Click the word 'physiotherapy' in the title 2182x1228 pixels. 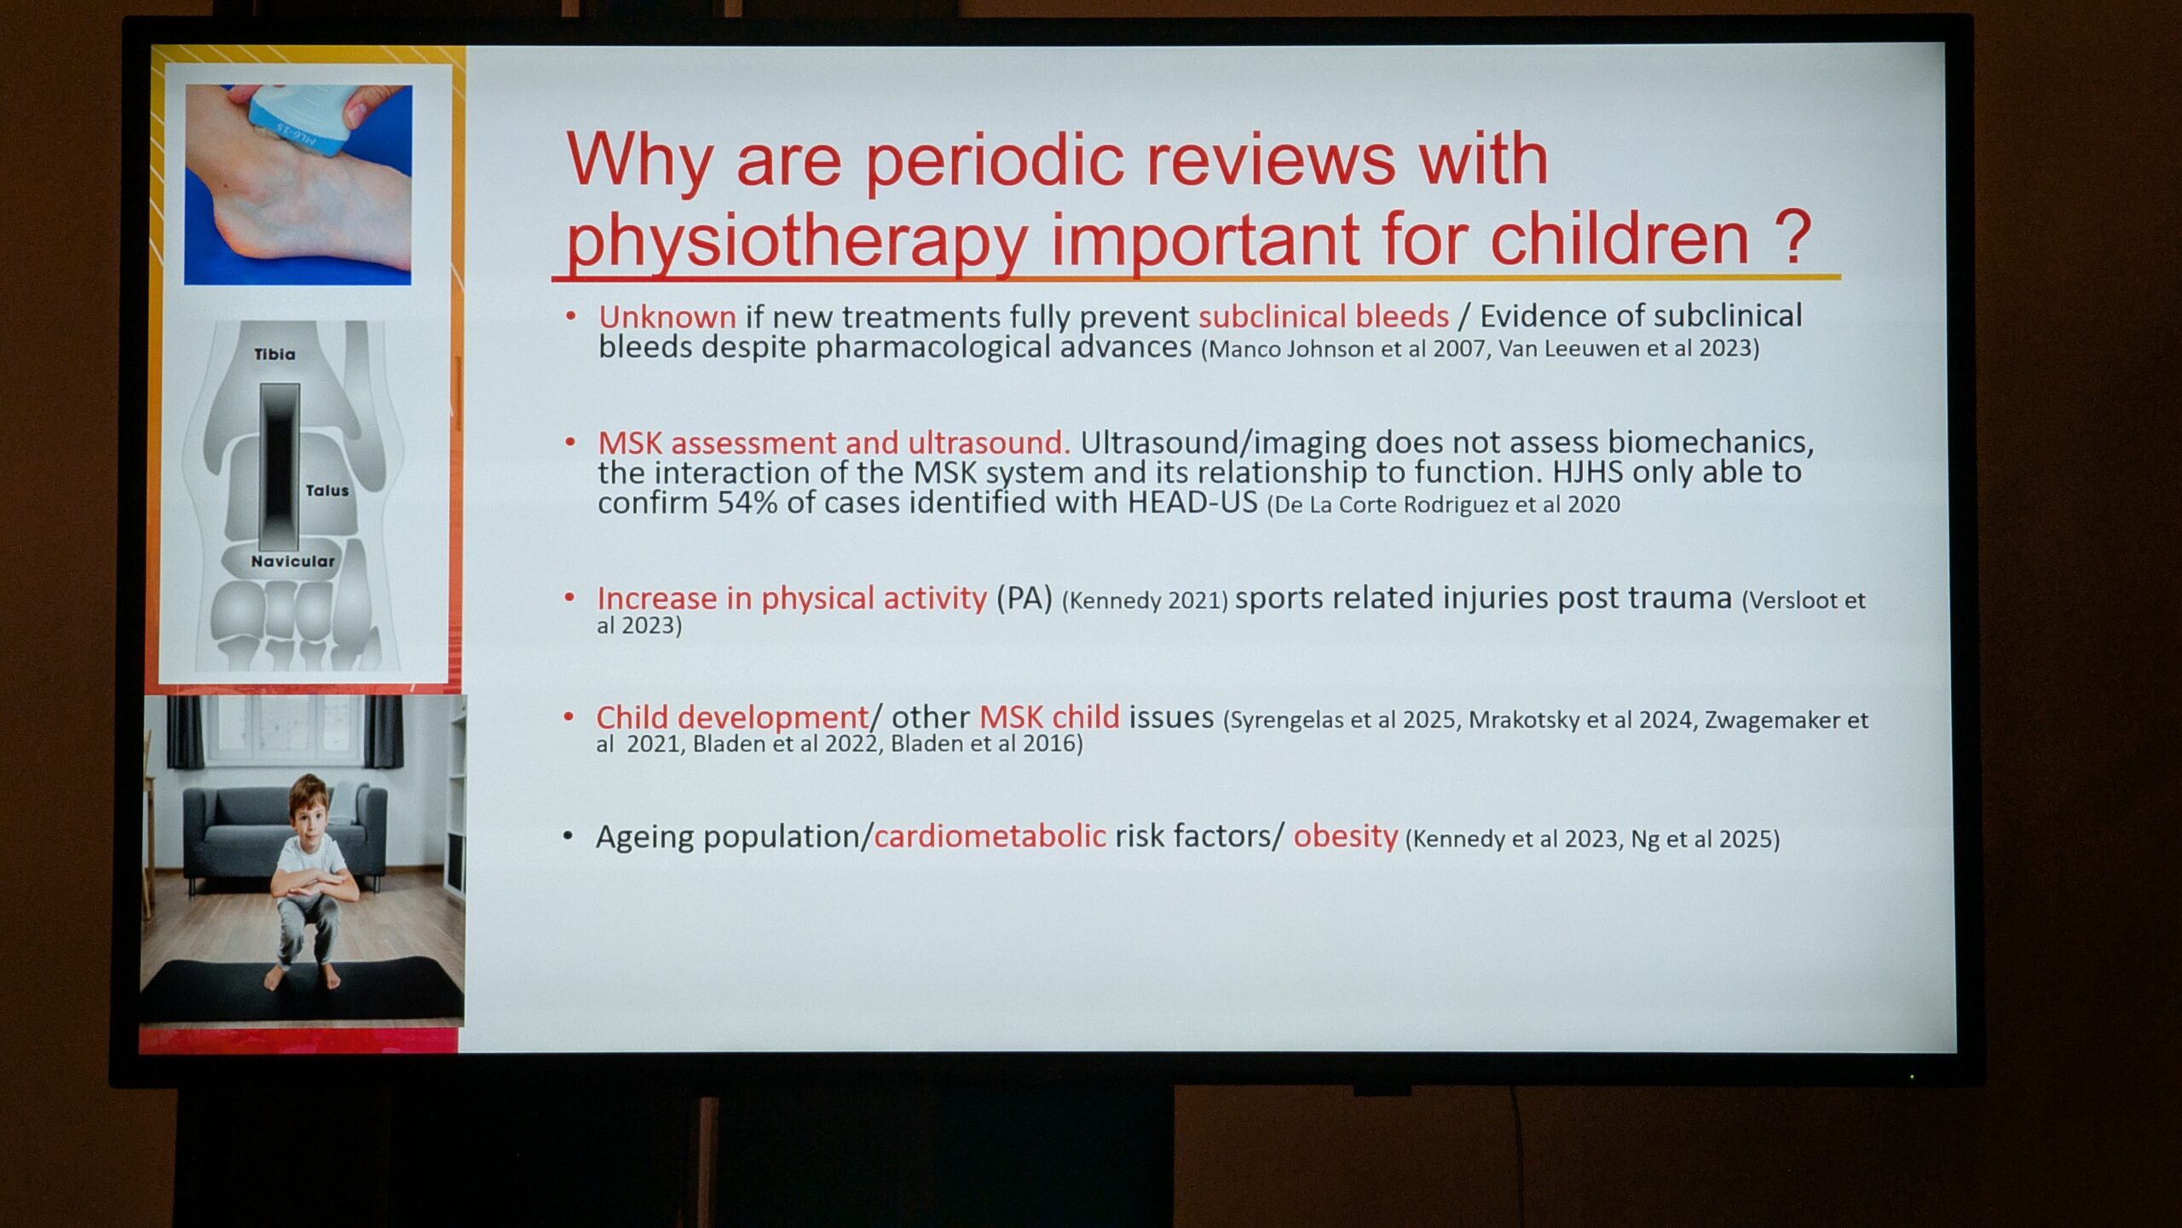(x=797, y=241)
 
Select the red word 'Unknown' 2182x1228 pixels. (x=667, y=317)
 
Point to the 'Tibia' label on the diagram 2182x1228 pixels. (x=274, y=354)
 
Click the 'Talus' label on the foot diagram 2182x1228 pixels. (x=327, y=490)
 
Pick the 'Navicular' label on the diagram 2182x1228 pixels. (x=292, y=561)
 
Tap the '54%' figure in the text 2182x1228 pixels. (x=747, y=502)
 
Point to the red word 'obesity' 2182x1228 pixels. (x=1345, y=837)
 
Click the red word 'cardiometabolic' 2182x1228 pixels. (x=990, y=837)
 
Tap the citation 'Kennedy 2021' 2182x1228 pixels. (x=1145, y=600)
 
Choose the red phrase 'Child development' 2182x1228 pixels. (x=731, y=717)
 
